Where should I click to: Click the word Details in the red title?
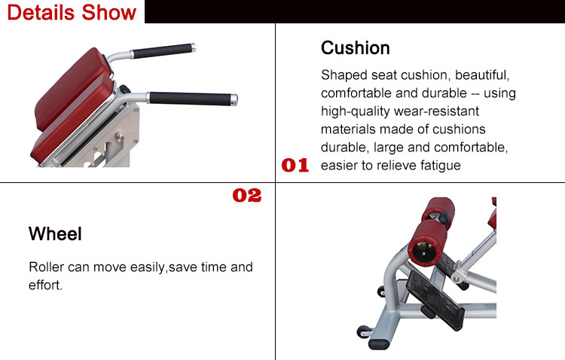41,12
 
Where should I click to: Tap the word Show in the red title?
108,12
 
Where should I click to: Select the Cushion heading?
356,48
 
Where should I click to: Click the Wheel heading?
55,233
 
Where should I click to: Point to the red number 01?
295,165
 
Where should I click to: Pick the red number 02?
247,195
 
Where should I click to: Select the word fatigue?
441,166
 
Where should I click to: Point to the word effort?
45,285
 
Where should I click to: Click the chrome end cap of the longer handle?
234,100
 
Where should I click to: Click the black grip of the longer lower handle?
190,99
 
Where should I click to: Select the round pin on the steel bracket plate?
120,136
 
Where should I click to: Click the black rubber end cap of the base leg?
379,343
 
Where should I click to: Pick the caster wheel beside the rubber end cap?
363,331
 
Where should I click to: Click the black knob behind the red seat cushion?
125,89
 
